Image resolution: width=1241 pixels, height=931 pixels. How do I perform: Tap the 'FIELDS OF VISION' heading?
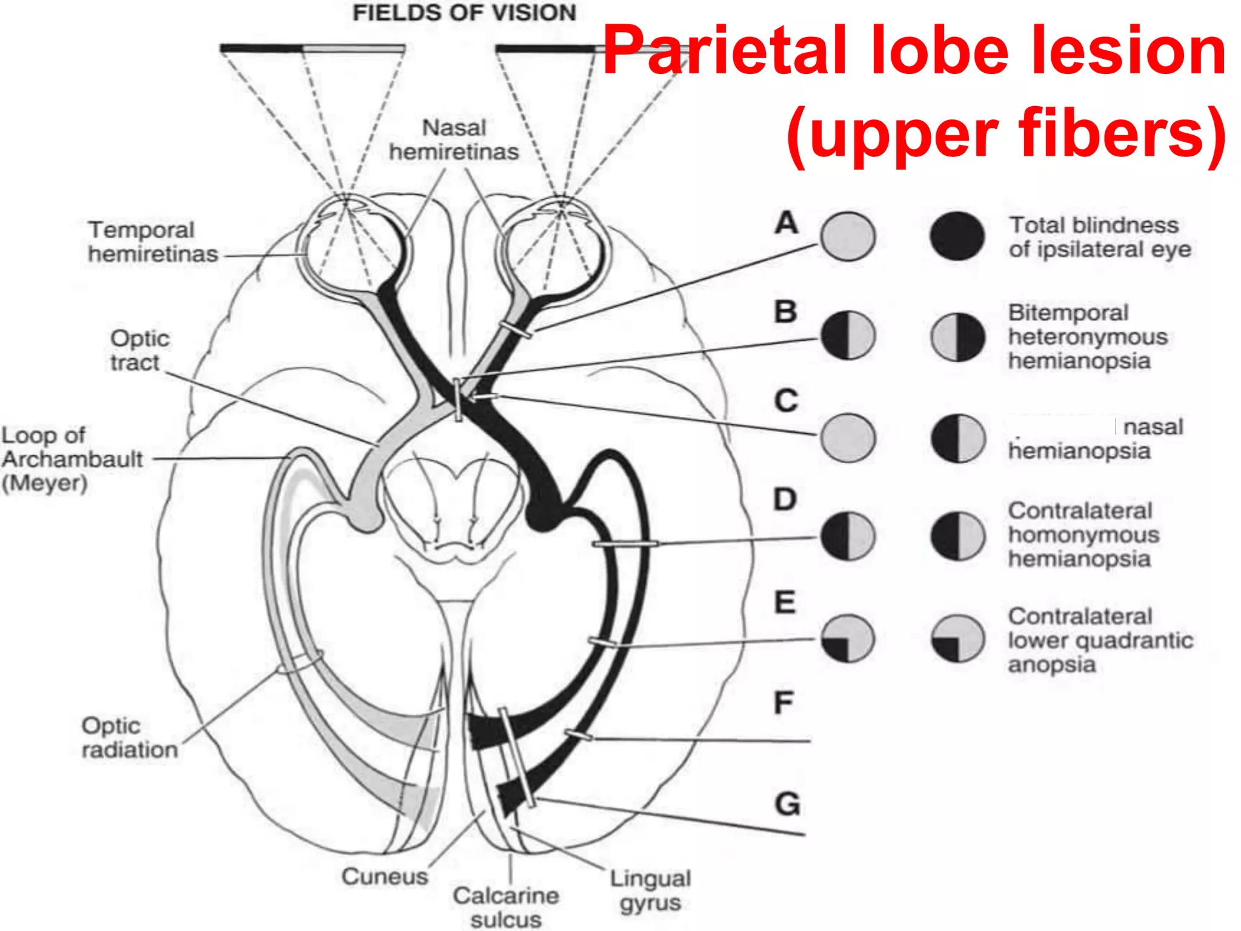[464, 13]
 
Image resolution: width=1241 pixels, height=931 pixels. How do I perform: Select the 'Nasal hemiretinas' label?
[454, 140]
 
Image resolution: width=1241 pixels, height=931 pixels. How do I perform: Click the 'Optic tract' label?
[139, 350]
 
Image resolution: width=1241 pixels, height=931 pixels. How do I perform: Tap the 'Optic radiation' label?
[130, 738]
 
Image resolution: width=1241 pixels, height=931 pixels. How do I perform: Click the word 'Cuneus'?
[384, 876]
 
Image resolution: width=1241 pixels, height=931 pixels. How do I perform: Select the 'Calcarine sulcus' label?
[505, 907]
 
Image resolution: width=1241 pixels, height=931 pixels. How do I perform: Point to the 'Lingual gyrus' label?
[650, 890]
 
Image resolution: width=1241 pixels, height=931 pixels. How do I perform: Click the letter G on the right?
[787, 804]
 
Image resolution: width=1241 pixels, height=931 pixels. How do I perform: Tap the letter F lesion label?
[784, 703]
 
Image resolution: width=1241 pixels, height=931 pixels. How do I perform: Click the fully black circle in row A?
[957, 236]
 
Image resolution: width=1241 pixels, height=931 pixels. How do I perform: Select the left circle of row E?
[848, 639]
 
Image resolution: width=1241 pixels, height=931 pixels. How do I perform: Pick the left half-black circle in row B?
[848, 335]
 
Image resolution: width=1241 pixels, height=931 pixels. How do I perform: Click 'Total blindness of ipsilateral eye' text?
[1099, 237]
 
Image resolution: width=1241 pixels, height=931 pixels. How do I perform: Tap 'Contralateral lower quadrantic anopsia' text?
[1099, 640]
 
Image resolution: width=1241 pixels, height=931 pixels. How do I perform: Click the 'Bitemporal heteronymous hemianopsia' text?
[1087, 336]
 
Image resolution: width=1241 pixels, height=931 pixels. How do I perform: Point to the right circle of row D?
[957, 536]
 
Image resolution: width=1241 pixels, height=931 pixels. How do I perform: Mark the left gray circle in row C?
[848, 438]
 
